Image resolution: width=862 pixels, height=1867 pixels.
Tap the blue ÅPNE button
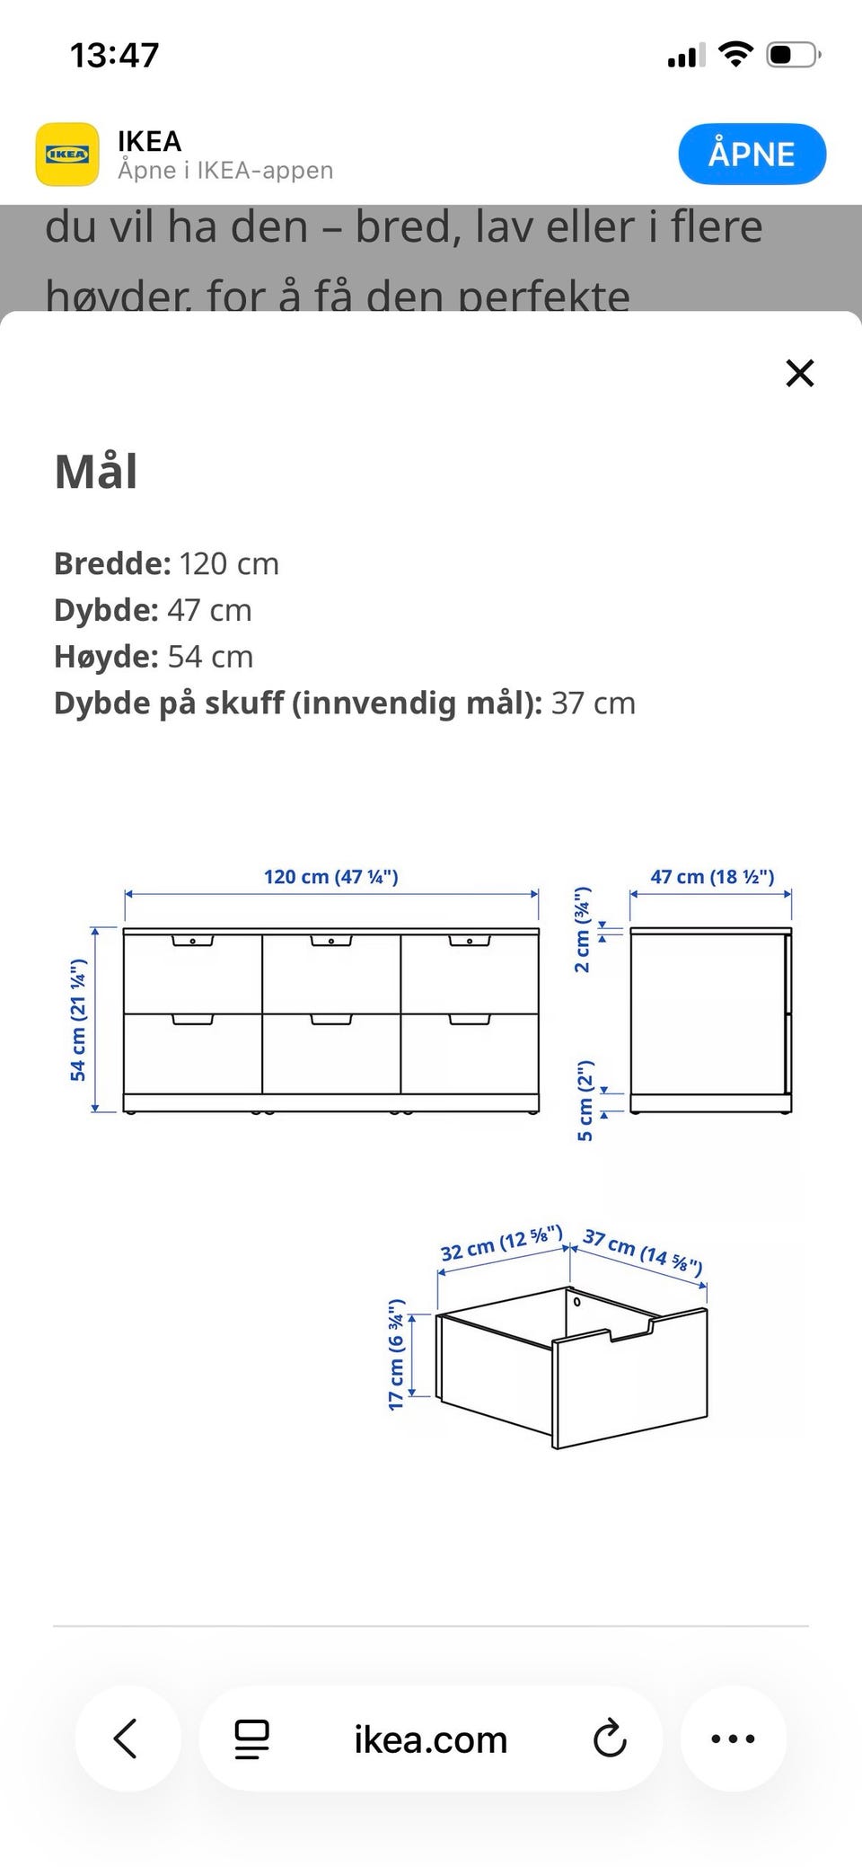752,154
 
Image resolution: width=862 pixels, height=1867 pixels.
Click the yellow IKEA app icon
67,155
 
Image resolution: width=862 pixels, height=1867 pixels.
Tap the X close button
799,373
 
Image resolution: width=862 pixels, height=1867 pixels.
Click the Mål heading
96,472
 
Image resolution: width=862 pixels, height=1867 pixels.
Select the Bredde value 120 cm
229,564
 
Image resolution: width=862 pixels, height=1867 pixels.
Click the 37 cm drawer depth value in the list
593,703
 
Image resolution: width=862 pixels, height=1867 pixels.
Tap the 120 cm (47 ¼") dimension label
330,877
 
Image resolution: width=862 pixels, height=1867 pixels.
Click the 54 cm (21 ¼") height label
79,1019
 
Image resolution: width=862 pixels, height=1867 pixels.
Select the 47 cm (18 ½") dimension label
711,877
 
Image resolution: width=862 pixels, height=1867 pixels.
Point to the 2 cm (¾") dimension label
583,929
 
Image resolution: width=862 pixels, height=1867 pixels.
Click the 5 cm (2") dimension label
585,1101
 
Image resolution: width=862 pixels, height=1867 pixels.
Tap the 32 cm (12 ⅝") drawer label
501,1243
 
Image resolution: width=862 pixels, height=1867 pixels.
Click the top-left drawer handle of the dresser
193,942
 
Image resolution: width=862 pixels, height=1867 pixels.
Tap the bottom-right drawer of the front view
469,1055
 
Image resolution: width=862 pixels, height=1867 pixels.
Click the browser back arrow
127,1739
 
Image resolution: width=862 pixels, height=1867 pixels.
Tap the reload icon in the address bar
610,1739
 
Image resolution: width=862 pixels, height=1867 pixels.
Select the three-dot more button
733,1739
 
